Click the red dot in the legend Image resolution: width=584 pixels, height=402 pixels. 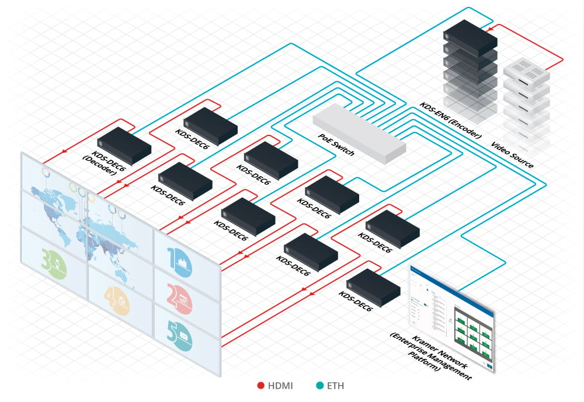click(x=261, y=386)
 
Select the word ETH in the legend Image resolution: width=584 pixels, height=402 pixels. click(x=335, y=386)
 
